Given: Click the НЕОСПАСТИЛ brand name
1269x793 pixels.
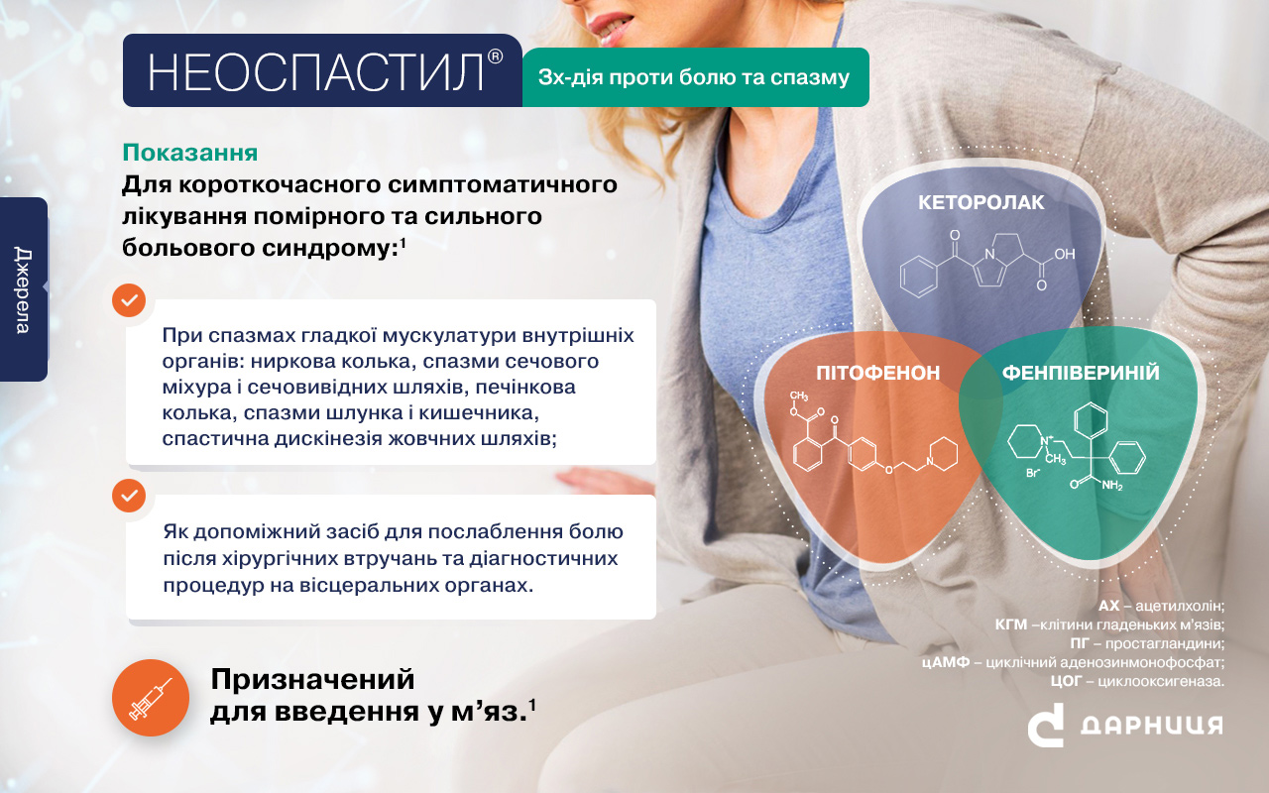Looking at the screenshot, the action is point(315,72).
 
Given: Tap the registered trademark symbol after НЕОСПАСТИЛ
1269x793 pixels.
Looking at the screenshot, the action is point(495,57).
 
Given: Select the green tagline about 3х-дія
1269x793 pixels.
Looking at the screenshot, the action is point(694,77).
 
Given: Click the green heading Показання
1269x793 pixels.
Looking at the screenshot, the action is point(190,153).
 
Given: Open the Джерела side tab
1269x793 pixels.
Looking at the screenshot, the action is point(23,289).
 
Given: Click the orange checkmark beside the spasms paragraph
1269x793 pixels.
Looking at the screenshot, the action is point(129,299).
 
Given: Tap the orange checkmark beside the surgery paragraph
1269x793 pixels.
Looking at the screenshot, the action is point(129,496).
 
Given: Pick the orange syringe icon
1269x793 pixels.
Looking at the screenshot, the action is point(150,698).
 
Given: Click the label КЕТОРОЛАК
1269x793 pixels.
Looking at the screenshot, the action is point(981,203).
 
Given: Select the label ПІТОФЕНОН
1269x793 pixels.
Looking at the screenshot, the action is point(877,373).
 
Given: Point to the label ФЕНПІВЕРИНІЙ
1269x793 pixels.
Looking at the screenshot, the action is point(1081,373).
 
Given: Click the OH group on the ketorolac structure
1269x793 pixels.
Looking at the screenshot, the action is point(1065,254).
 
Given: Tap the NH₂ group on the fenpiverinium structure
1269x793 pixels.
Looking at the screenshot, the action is point(1112,486).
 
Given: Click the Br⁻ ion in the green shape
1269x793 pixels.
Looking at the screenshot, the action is point(1033,473).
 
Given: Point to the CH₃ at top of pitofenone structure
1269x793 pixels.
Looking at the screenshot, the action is point(799,396).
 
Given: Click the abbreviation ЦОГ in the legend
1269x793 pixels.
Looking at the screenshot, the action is point(1066,681).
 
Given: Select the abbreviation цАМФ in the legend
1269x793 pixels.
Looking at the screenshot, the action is point(946,662).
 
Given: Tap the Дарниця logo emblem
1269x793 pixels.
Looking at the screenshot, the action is point(1046,725).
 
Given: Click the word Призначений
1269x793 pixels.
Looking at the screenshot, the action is point(312,680).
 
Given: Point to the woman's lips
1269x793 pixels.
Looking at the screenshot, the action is point(610,27).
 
